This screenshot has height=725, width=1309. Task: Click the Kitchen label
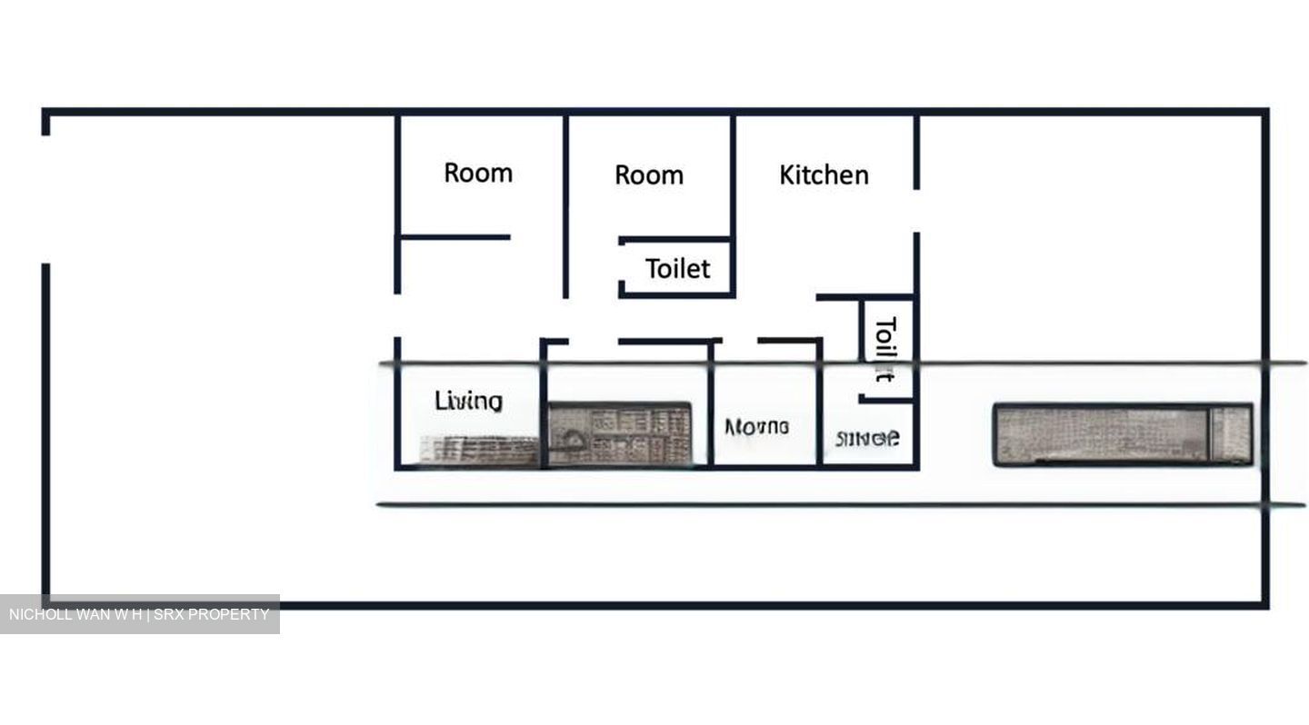824,174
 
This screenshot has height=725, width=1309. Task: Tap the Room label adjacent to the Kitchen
649,174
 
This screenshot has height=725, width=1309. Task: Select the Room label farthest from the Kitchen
478,173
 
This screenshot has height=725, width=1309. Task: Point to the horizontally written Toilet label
677,269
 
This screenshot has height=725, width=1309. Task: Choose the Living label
468,401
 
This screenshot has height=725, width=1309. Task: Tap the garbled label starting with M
756,426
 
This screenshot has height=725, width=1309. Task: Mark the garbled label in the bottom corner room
867,439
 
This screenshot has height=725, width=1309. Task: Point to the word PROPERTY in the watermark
229,614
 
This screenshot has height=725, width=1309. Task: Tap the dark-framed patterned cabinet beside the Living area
620,433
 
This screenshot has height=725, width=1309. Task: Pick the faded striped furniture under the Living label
479,449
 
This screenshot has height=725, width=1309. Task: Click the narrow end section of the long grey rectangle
1233,434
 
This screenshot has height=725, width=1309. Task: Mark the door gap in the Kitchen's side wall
916,211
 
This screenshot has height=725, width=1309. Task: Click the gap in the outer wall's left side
45,199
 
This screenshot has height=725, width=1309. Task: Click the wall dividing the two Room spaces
565,204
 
